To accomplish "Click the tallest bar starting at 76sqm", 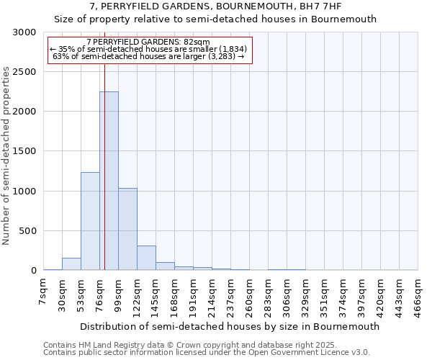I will point(109,181).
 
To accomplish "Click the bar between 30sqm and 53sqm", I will point(71,264).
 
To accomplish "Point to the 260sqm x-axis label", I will point(250,294).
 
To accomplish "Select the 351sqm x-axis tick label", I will point(325,294).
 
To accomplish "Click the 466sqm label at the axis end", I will point(418,294).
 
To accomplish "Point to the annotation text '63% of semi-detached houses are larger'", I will point(150,56).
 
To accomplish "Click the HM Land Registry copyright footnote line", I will point(205,345).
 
